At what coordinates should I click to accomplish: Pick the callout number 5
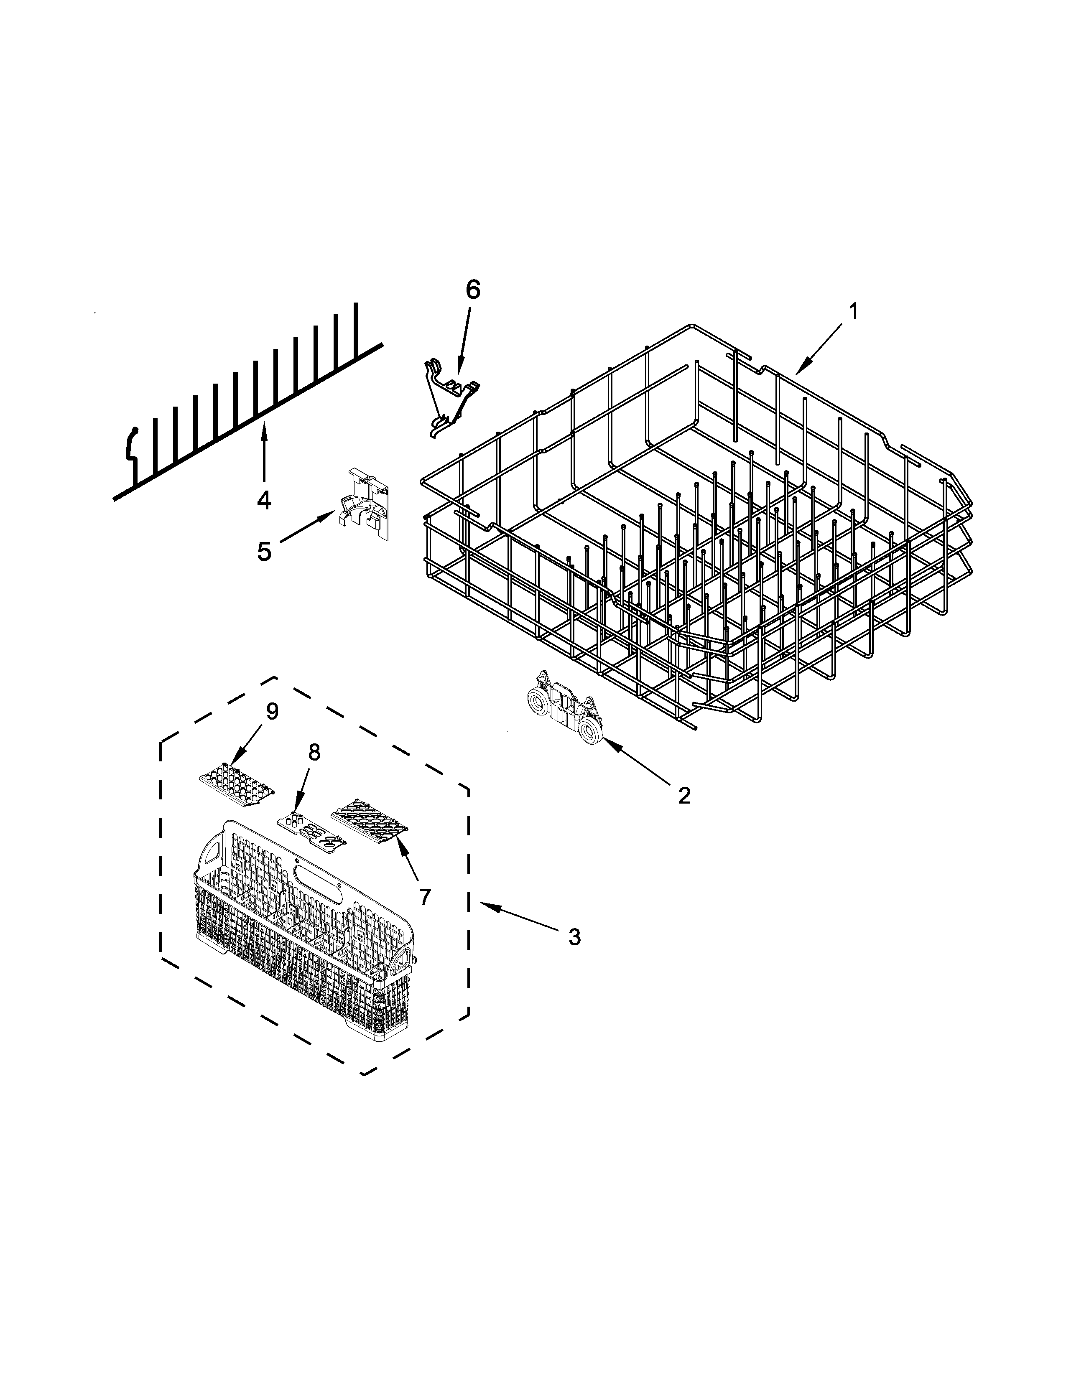click(x=264, y=551)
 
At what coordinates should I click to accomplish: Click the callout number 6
click(x=472, y=290)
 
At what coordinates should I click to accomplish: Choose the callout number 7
click(x=425, y=896)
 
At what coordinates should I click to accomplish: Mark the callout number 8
click(x=314, y=752)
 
